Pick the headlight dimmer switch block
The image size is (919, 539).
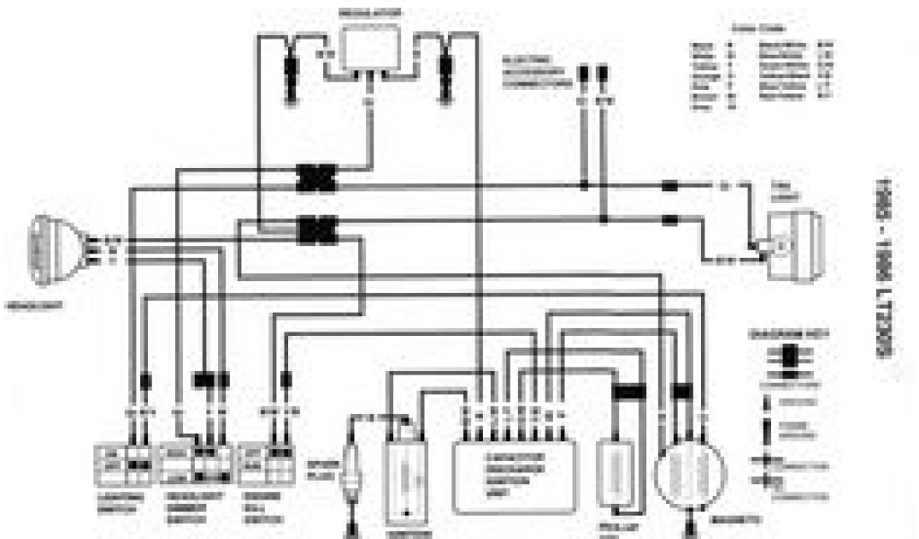tap(196, 464)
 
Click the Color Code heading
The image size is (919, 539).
tap(761, 28)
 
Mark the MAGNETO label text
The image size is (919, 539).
tap(746, 520)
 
